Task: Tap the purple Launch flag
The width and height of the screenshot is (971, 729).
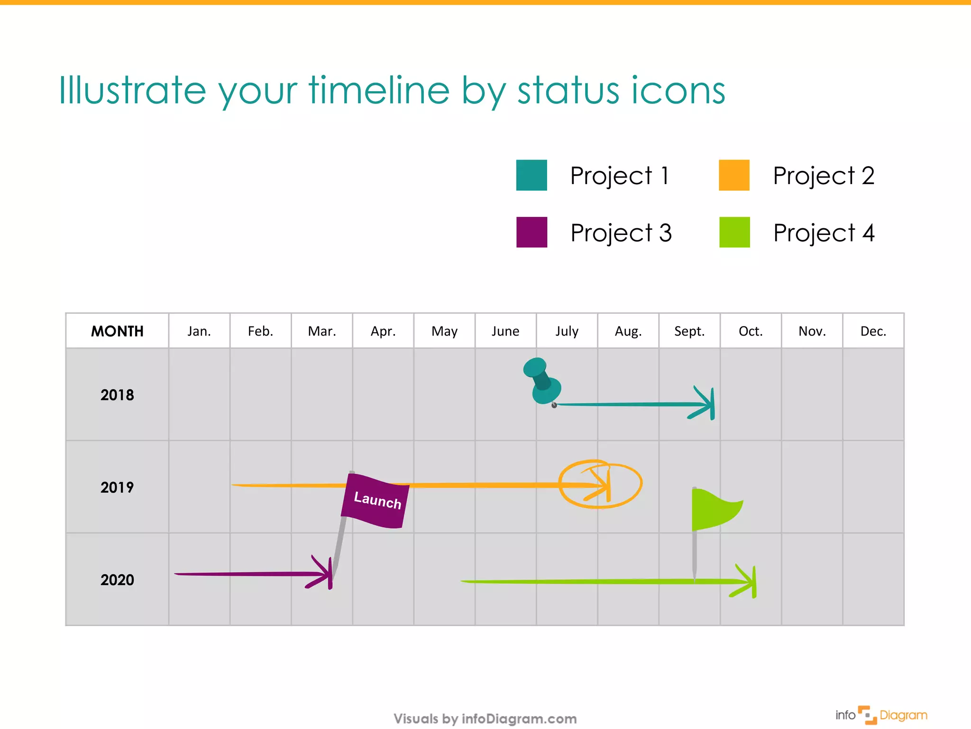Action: [x=376, y=500]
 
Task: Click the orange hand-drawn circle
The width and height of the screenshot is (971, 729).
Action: [x=600, y=484]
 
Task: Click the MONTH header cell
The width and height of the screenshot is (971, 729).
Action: [x=117, y=331]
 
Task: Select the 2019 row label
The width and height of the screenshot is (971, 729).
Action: [x=117, y=487]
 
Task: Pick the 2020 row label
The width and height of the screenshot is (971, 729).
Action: [x=117, y=579]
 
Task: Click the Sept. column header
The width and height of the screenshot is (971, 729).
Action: [x=689, y=331]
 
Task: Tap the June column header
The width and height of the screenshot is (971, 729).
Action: [x=505, y=331]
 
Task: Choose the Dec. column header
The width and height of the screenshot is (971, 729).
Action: [x=873, y=331]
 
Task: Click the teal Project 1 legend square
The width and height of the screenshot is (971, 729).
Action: [x=531, y=175]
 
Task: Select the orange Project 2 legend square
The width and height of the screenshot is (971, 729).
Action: [x=734, y=175]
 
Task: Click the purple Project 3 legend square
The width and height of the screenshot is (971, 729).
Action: [x=531, y=232]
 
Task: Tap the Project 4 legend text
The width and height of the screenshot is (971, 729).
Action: [x=824, y=233]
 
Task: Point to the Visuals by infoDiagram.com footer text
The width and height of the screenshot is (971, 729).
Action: [x=485, y=719]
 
